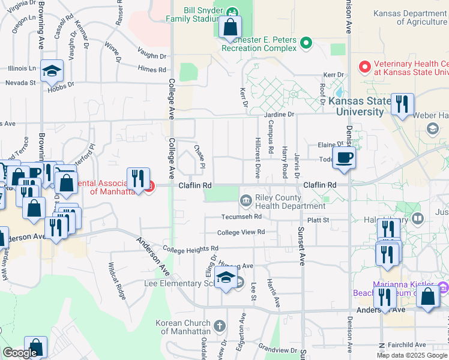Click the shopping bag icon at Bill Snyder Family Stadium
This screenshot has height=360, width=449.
230,27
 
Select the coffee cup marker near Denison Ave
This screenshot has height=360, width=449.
344,157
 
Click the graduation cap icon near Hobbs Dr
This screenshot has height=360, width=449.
52,71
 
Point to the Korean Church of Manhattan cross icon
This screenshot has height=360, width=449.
220,326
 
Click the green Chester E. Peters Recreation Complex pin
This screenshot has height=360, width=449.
306,43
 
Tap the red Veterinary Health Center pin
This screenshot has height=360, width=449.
364,66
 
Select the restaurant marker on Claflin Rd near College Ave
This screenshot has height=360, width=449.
139,178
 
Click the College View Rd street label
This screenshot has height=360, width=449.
241,232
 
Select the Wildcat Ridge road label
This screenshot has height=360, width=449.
118,281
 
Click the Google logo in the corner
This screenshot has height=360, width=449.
20,353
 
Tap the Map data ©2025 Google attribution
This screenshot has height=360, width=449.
412,355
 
